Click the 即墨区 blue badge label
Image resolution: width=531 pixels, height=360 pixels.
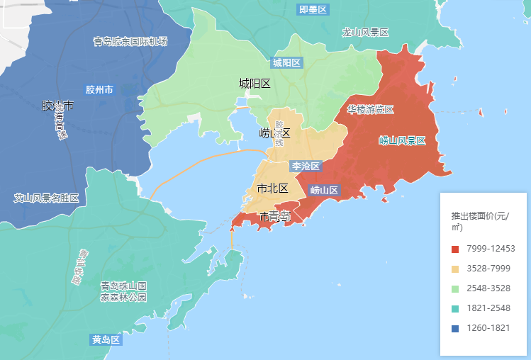click(x=313, y=10)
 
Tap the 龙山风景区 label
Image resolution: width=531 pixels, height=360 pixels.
click(x=365, y=33)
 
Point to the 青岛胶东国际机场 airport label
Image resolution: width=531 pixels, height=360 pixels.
click(x=130, y=41)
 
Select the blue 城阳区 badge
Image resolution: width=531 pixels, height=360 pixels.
click(x=286, y=62)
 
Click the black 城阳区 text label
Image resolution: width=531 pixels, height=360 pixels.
click(x=255, y=84)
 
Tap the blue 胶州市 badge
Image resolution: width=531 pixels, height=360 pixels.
click(x=99, y=90)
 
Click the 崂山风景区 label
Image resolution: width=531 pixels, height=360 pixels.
click(x=402, y=140)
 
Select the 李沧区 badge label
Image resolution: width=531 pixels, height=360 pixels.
click(x=306, y=166)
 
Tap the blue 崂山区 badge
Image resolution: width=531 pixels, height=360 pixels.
click(x=325, y=190)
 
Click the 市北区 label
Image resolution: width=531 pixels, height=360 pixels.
click(x=272, y=189)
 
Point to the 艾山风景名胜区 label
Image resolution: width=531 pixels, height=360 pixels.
click(x=46, y=198)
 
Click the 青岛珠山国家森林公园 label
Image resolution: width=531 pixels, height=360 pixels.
click(x=123, y=291)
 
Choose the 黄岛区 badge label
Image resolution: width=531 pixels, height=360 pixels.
click(x=106, y=339)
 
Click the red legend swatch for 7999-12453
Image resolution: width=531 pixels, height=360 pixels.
click(x=455, y=249)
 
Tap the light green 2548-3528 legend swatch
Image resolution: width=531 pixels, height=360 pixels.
click(x=455, y=288)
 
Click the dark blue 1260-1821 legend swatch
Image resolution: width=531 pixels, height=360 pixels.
click(x=455, y=328)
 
